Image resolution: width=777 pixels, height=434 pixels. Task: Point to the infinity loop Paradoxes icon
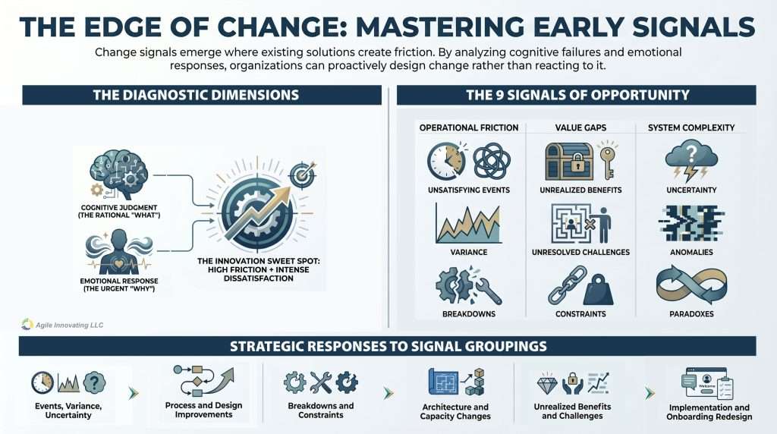point(691,285)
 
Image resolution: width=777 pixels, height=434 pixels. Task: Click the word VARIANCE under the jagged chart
point(469,252)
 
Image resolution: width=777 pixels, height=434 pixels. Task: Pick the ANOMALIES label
point(691,252)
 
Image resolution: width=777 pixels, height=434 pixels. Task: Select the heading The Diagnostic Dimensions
point(196,95)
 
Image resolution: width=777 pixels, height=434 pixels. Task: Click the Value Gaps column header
point(580,127)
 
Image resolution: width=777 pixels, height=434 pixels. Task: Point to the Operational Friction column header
point(469,127)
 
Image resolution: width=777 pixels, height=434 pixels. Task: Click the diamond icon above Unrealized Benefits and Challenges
point(548,384)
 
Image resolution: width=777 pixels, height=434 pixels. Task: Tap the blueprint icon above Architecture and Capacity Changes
point(443,382)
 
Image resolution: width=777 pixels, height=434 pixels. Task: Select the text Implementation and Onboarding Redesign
point(709,412)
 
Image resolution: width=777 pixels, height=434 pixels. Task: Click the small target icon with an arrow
point(302,174)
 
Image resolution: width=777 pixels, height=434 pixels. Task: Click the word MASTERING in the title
point(439,27)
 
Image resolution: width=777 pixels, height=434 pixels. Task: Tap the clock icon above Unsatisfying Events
point(446,161)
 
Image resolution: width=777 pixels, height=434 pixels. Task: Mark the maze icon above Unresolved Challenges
point(571,224)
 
